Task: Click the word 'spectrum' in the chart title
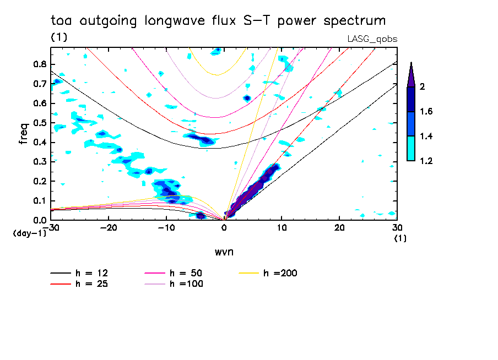tap(355, 21)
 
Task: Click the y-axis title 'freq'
tap(24, 134)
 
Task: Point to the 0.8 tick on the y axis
tap(39, 64)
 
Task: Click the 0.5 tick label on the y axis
tap(39, 123)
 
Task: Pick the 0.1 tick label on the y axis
tap(39, 201)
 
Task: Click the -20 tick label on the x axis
tap(109, 227)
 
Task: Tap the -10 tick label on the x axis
tap(166, 227)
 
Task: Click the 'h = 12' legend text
tap(93, 273)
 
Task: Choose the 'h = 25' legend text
tap(93, 284)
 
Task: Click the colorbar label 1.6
tap(427, 112)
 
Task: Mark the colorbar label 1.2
tap(427, 161)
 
